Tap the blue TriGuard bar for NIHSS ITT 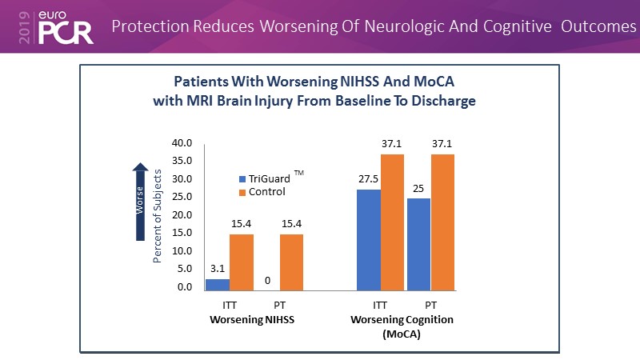(217, 284)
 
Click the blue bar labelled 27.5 (369, 239)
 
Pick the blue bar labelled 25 (418, 244)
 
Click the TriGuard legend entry (268, 178)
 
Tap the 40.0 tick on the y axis (182, 143)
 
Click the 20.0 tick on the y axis (182, 215)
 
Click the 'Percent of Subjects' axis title (158, 216)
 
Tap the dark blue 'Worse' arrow (140, 199)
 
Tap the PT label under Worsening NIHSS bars (278, 306)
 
